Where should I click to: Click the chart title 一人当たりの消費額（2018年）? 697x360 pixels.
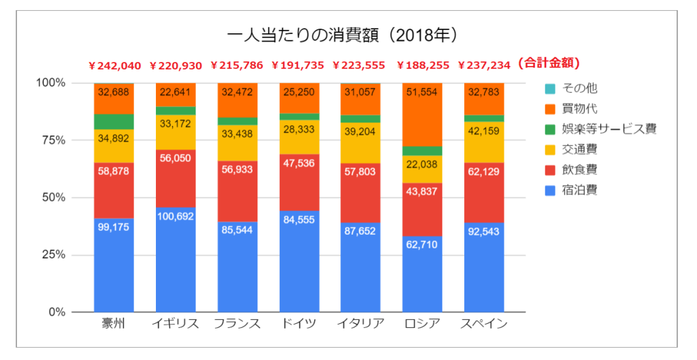click(342, 35)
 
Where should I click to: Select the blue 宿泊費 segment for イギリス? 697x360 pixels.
click(176, 259)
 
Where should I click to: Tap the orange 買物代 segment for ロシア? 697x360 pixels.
click(422, 114)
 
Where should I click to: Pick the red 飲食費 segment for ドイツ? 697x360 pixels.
click(299, 182)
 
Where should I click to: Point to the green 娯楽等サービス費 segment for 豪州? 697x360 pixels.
click(114, 122)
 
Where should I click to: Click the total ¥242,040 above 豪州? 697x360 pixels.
click(114, 66)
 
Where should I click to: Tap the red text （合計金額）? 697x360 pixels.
click(549, 63)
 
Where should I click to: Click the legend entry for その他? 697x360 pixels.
click(571, 88)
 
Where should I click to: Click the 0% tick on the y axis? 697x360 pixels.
click(56, 312)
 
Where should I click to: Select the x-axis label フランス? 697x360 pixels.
click(238, 323)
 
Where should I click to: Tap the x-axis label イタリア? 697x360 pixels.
click(361, 323)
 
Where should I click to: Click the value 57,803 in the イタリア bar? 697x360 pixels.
click(361, 171)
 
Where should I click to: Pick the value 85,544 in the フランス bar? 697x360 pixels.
click(238, 230)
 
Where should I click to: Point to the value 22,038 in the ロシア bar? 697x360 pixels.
click(422, 165)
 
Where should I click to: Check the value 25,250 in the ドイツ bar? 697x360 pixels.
click(299, 92)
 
